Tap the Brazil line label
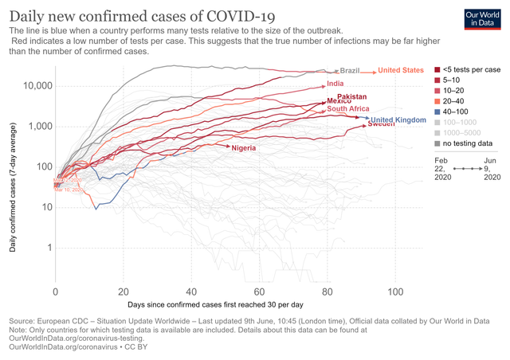[x=351, y=71]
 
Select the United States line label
[x=401, y=70]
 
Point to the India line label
[x=335, y=84]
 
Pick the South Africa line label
[x=347, y=108]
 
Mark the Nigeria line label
[x=245, y=148]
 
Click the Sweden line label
[x=381, y=125]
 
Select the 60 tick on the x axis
[x=260, y=292]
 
